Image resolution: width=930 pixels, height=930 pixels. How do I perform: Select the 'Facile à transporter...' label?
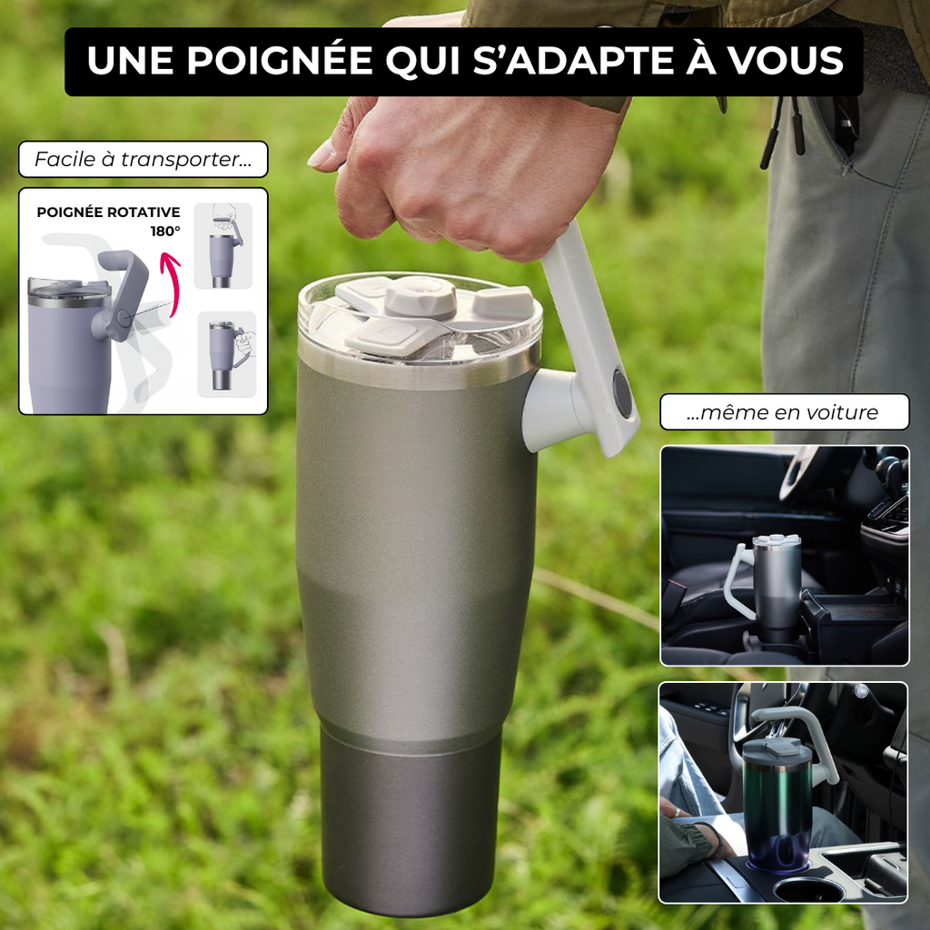pos(143,159)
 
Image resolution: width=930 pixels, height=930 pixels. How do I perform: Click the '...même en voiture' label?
pos(784,411)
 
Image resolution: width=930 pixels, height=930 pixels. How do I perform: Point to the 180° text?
pos(165,232)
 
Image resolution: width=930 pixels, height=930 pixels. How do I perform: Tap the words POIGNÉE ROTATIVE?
pos(109,213)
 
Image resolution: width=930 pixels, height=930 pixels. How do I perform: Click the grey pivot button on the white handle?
pos(621,393)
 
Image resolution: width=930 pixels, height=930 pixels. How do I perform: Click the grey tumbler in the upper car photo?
pos(777,588)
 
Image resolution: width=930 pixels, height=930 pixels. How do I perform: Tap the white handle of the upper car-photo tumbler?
pos(737,582)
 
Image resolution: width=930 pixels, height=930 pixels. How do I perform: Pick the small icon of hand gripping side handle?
pos(227,354)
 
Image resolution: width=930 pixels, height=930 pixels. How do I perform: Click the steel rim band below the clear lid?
pos(418,369)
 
